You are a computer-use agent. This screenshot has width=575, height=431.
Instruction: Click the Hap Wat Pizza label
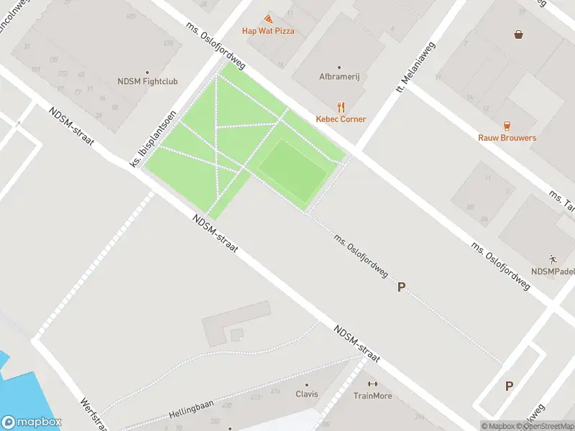click(x=268, y=31)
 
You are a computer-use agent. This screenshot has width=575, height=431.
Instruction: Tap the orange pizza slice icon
click(x=268, y=19)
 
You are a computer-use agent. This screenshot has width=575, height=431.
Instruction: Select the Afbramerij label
click(x=339, y=76)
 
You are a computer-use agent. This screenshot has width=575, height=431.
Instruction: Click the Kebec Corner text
click(x=341, y=119)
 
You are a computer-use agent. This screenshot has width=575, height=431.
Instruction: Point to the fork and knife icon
click(x=341, y=107)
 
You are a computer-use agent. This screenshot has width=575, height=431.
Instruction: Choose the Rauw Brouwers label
click(x=507, y=137)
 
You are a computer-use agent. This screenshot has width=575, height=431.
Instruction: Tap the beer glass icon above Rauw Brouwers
click(x=507, y=125)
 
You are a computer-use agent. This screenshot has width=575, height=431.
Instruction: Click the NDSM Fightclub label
click(x=147, y=82)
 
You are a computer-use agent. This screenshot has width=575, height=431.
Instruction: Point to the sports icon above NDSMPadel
click(x=553, y=259)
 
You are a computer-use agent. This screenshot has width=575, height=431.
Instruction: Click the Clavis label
click(x=307, y=394)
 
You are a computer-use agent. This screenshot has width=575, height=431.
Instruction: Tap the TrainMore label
click(x=372, y=396)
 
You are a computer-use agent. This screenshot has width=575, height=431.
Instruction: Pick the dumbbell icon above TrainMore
click(x=372, y=384)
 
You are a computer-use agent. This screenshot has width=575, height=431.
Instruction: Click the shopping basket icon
click(x=518, y=34)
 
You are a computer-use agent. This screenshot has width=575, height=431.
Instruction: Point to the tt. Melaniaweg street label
click(x=408, y=72)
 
